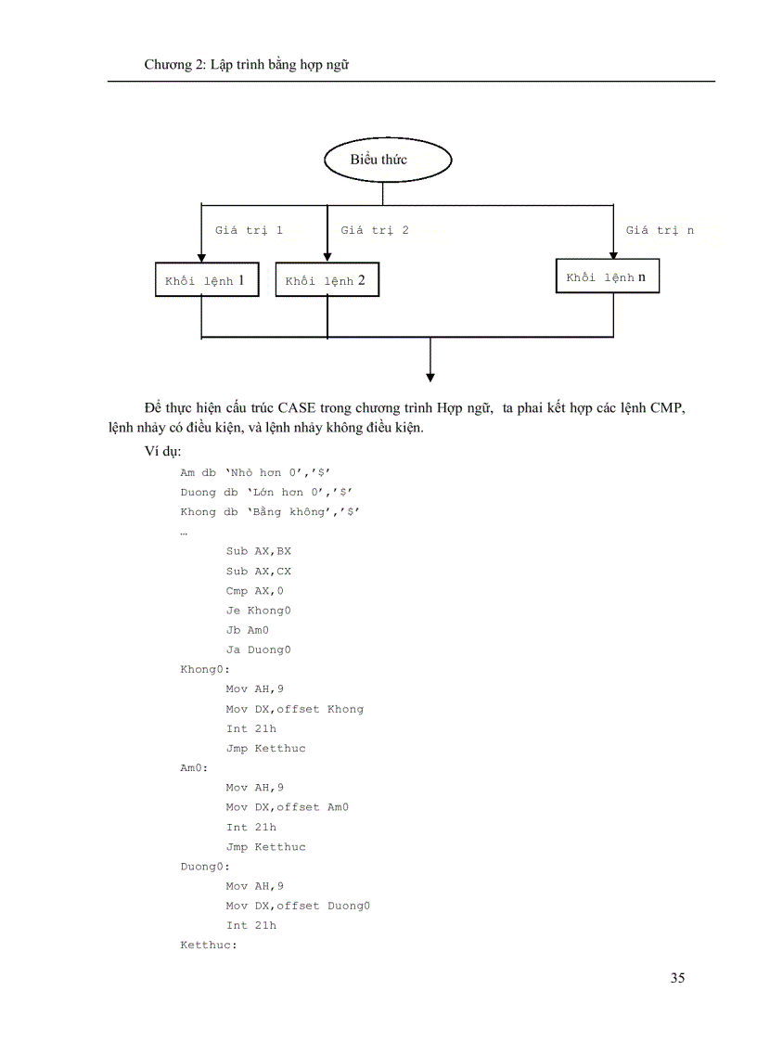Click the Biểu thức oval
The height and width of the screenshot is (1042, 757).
point(387,161)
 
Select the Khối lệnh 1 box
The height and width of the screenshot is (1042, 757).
point(206,279)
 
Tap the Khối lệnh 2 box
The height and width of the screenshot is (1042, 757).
point(327,279)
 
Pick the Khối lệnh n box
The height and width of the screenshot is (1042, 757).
point(608,277)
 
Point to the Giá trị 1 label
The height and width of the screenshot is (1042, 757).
point(249,230)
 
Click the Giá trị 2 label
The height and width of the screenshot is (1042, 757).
point(375,230)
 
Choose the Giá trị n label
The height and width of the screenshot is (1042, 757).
point(660,230)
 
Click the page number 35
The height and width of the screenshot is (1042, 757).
point(677,977)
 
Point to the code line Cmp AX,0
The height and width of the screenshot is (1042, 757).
point(255,591)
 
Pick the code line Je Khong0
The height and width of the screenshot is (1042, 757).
point(259,611)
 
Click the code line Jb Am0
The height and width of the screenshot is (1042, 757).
point(248,630)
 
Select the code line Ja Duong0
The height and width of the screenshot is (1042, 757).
point(259,650)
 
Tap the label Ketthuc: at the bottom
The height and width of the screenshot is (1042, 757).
point(209,945)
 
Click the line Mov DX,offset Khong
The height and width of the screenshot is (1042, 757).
point(295,709)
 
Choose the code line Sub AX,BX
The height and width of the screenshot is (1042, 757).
point(259,551)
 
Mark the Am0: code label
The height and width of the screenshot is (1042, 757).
point(195,768)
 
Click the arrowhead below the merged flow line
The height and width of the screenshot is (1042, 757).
point(430,375)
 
